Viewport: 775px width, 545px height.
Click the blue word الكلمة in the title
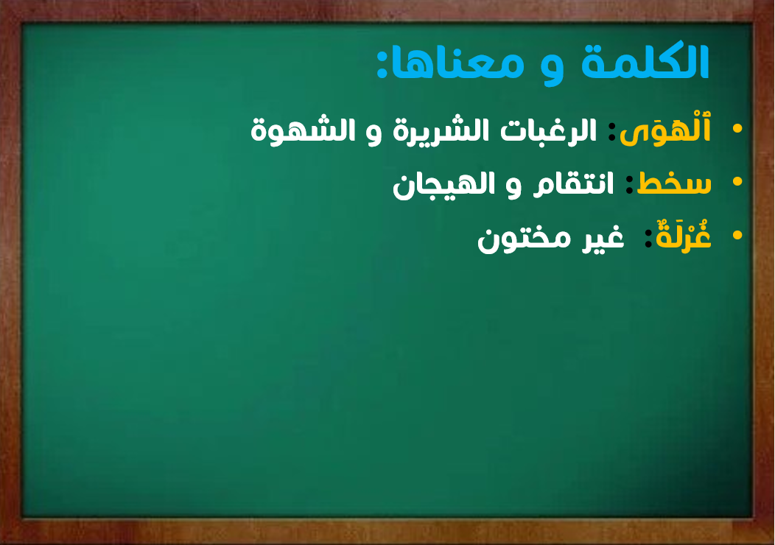(645, 62)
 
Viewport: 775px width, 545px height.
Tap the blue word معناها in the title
(458, 64)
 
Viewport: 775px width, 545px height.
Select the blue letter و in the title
(552, 68)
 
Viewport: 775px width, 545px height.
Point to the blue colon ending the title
(382, 63)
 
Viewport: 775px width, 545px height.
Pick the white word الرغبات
(549, 130)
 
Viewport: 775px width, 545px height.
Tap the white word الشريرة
(438, 131)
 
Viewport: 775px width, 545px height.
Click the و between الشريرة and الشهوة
(374, 134)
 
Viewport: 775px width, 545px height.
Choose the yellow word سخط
(673, 183)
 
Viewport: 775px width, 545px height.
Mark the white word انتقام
(573, 185)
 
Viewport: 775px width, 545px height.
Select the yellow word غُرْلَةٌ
(684, 236)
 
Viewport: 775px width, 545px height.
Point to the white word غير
(603, 238)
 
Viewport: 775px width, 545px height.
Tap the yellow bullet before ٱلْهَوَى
(737, 128)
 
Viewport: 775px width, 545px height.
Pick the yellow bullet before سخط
(737, 182)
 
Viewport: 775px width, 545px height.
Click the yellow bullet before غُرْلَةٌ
(737, 235)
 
